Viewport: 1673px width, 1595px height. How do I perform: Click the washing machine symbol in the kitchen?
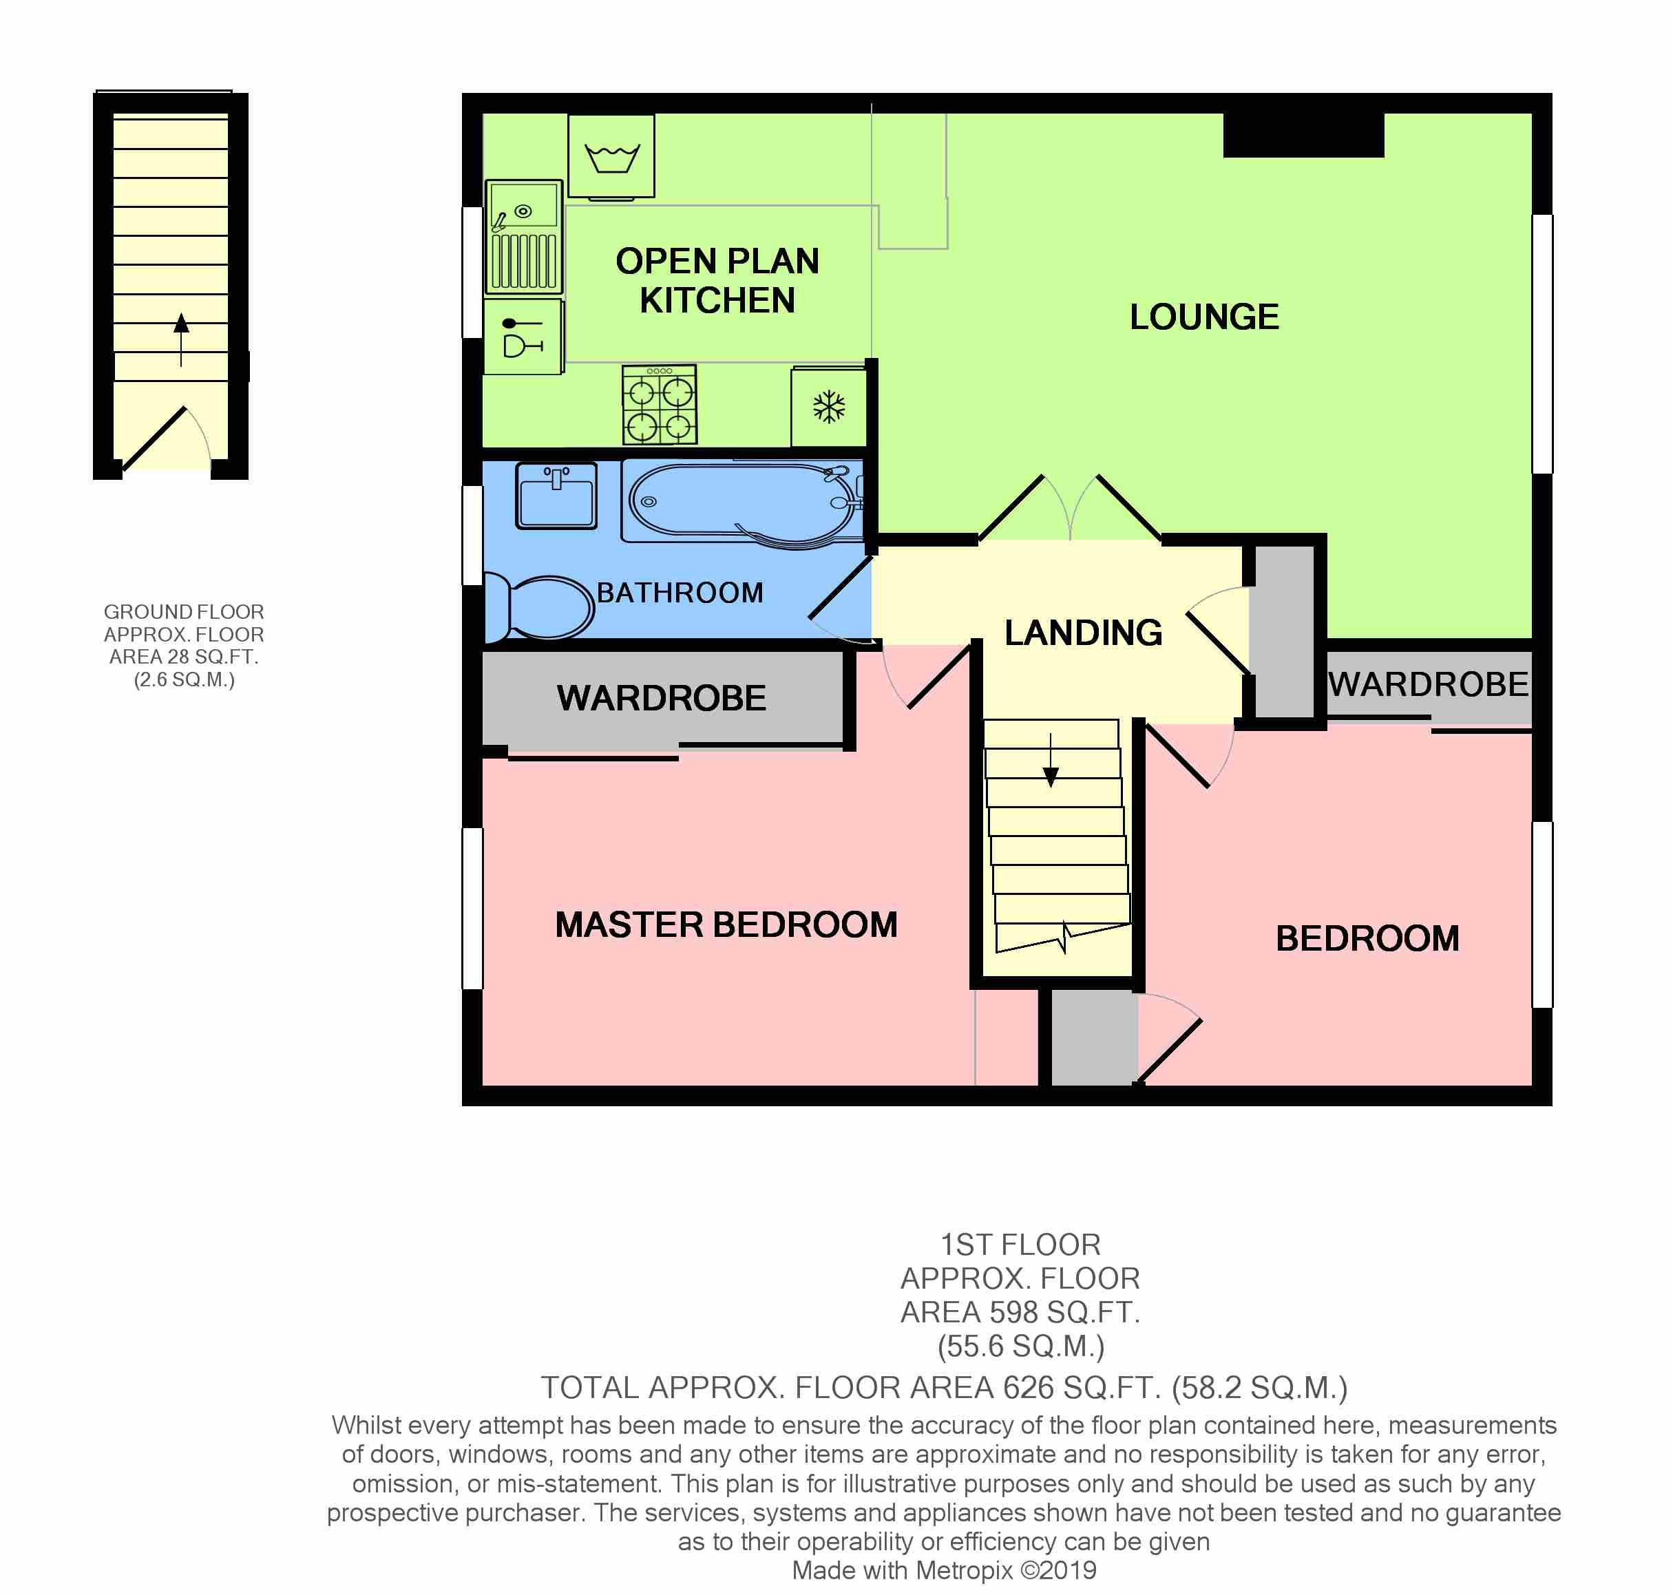point(611,157)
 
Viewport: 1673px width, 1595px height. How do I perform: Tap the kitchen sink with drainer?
point(524,236)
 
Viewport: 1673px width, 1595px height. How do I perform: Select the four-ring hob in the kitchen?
point(659,405)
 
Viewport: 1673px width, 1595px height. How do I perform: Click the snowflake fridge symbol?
point(829,408)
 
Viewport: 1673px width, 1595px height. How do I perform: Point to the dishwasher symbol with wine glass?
point(523,337)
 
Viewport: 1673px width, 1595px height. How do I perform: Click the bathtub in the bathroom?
point(744,503)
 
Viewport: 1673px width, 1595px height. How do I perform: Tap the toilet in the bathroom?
point(539,607)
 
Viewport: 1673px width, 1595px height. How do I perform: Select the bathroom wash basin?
point(557,496)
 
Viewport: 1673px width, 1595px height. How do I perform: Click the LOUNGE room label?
point(1203,317)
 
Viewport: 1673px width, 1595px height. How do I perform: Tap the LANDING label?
point(1083,633)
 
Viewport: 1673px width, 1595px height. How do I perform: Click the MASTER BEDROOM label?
point(726,925)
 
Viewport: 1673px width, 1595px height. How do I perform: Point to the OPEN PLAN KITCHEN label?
point(717,281)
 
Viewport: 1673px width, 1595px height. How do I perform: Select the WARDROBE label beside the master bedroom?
point(662,698)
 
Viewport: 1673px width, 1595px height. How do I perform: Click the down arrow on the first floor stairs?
point(1051,760)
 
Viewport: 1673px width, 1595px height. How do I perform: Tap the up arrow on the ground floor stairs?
point(181,340)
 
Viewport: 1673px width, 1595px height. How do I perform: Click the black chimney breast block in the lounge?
point(1303,134)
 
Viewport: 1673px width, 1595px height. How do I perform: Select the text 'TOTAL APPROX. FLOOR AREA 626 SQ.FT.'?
point(851,1388)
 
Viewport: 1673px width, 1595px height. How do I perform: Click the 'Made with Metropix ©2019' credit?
point(945,1571)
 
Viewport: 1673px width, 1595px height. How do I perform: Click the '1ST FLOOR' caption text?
point(1020,1245)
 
